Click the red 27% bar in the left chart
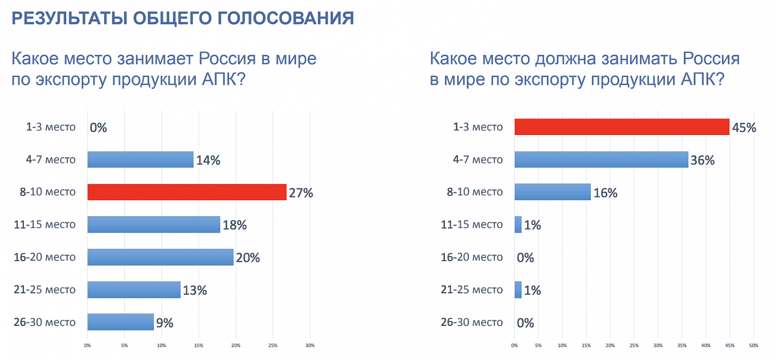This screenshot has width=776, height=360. click(186, 192)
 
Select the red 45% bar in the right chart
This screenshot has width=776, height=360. click(621, 127)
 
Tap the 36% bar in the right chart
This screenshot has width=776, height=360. click(601, 159)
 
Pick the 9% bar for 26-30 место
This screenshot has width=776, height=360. click(121, 322)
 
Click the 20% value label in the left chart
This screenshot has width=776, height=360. click(248, 258)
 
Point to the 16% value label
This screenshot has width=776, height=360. click(605, 193)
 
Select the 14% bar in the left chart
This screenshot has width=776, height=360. click(140, 159)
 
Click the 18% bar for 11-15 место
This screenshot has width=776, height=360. click(154, 224)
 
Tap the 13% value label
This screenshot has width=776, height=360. click(195, 290)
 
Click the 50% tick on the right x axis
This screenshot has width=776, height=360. click(753, 346)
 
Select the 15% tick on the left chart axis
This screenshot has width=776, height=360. click(199, 346)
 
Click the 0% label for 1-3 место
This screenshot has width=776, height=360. click(98, 128)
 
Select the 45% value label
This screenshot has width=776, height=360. click(744, 128)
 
